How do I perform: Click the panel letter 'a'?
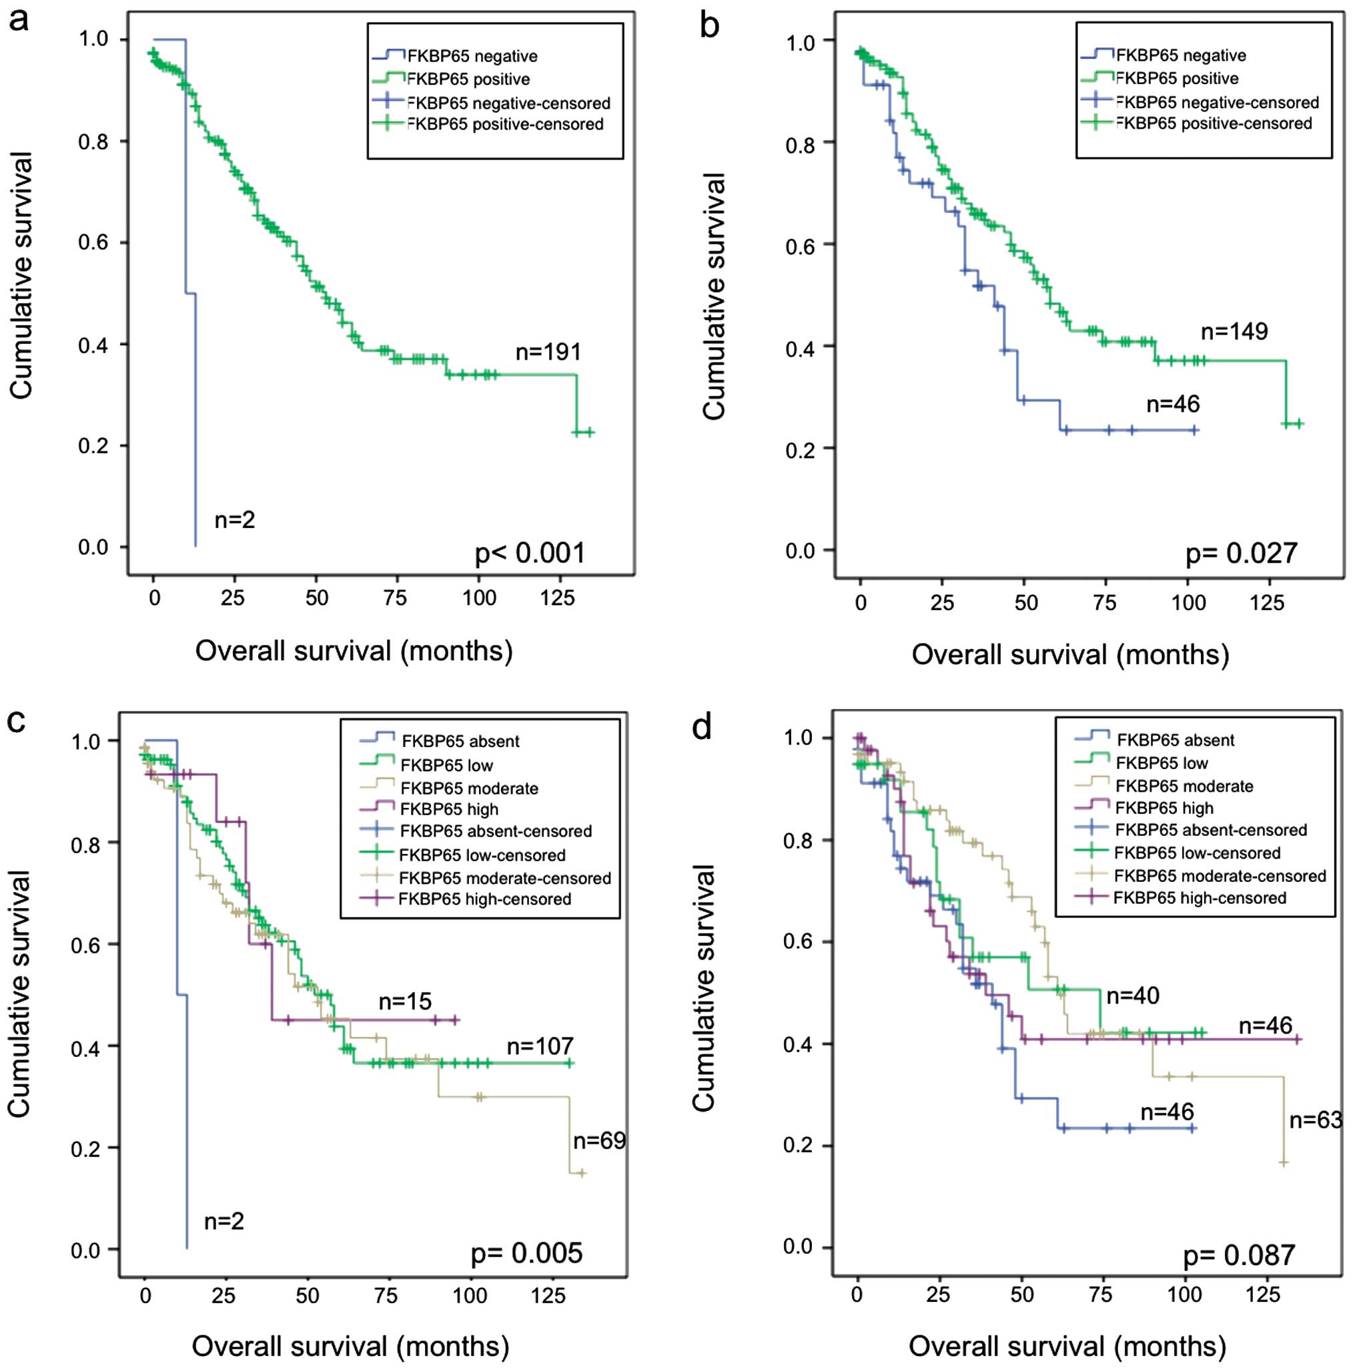tap(19, 20)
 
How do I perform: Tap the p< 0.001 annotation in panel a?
tap(530, 553)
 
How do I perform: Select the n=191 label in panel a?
tap(548, 352)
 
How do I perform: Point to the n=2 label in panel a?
tap(234, 520)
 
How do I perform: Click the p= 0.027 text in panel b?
tap(1242, 554)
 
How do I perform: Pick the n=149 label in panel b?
tap(1234, 331)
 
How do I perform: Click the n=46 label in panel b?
tap(1173, 404)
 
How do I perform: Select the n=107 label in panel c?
tap(540, 1046)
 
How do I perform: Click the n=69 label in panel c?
tap(599, 1140)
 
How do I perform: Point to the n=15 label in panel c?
tap(404, 1001)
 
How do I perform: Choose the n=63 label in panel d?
tap(1315, 1120)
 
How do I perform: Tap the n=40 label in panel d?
tap(1133, 995)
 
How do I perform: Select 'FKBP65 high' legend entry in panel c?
tap(448, 809)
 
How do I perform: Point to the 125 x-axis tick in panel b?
tap(1266, 603)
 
